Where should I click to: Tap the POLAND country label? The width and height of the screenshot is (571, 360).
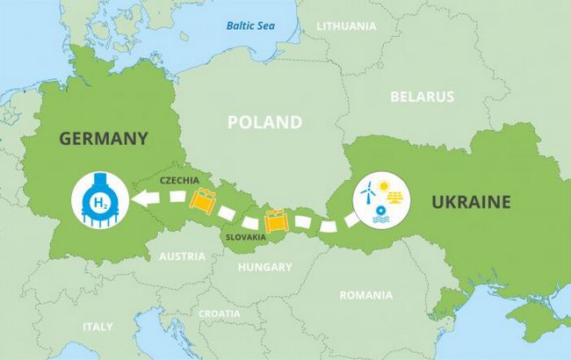(x=264, y=122)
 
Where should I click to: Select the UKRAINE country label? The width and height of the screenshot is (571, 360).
(x=471, y=202)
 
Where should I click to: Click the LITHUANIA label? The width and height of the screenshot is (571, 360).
(x=346, y=26)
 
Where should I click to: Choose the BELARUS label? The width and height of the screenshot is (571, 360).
(x=423, y=97)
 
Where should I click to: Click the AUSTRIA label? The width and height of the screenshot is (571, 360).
(x=182, y=257)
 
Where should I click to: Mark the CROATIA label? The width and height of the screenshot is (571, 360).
(x=220, y=313)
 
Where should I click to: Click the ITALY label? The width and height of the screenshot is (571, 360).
(x=98, y=327)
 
